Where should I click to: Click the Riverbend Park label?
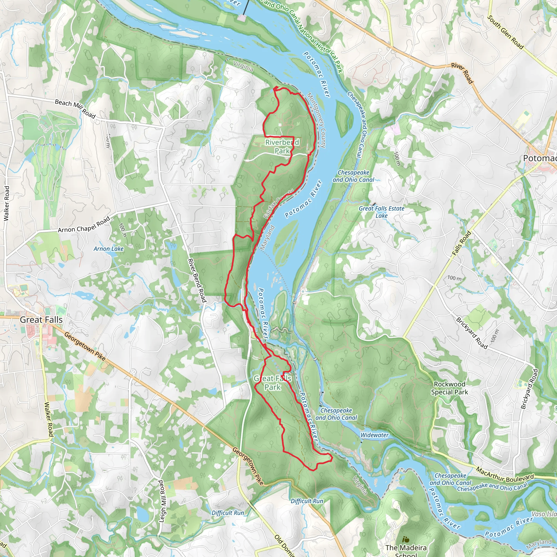pos(282,147)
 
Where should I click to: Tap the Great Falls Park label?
pos(273,383)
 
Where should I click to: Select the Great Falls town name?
pos(41,320)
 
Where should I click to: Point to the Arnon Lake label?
pos(109,249)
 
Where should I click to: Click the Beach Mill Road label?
pos(75,109)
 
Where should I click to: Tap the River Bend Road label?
pos(197,280)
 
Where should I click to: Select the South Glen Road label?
pos(505,32)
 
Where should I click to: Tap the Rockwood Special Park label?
pos(450,388)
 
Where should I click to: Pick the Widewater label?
pos(375,435)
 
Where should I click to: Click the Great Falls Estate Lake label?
pos(381,212)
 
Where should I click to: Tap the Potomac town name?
pos(539,158)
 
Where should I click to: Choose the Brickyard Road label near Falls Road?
pos(471,333)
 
